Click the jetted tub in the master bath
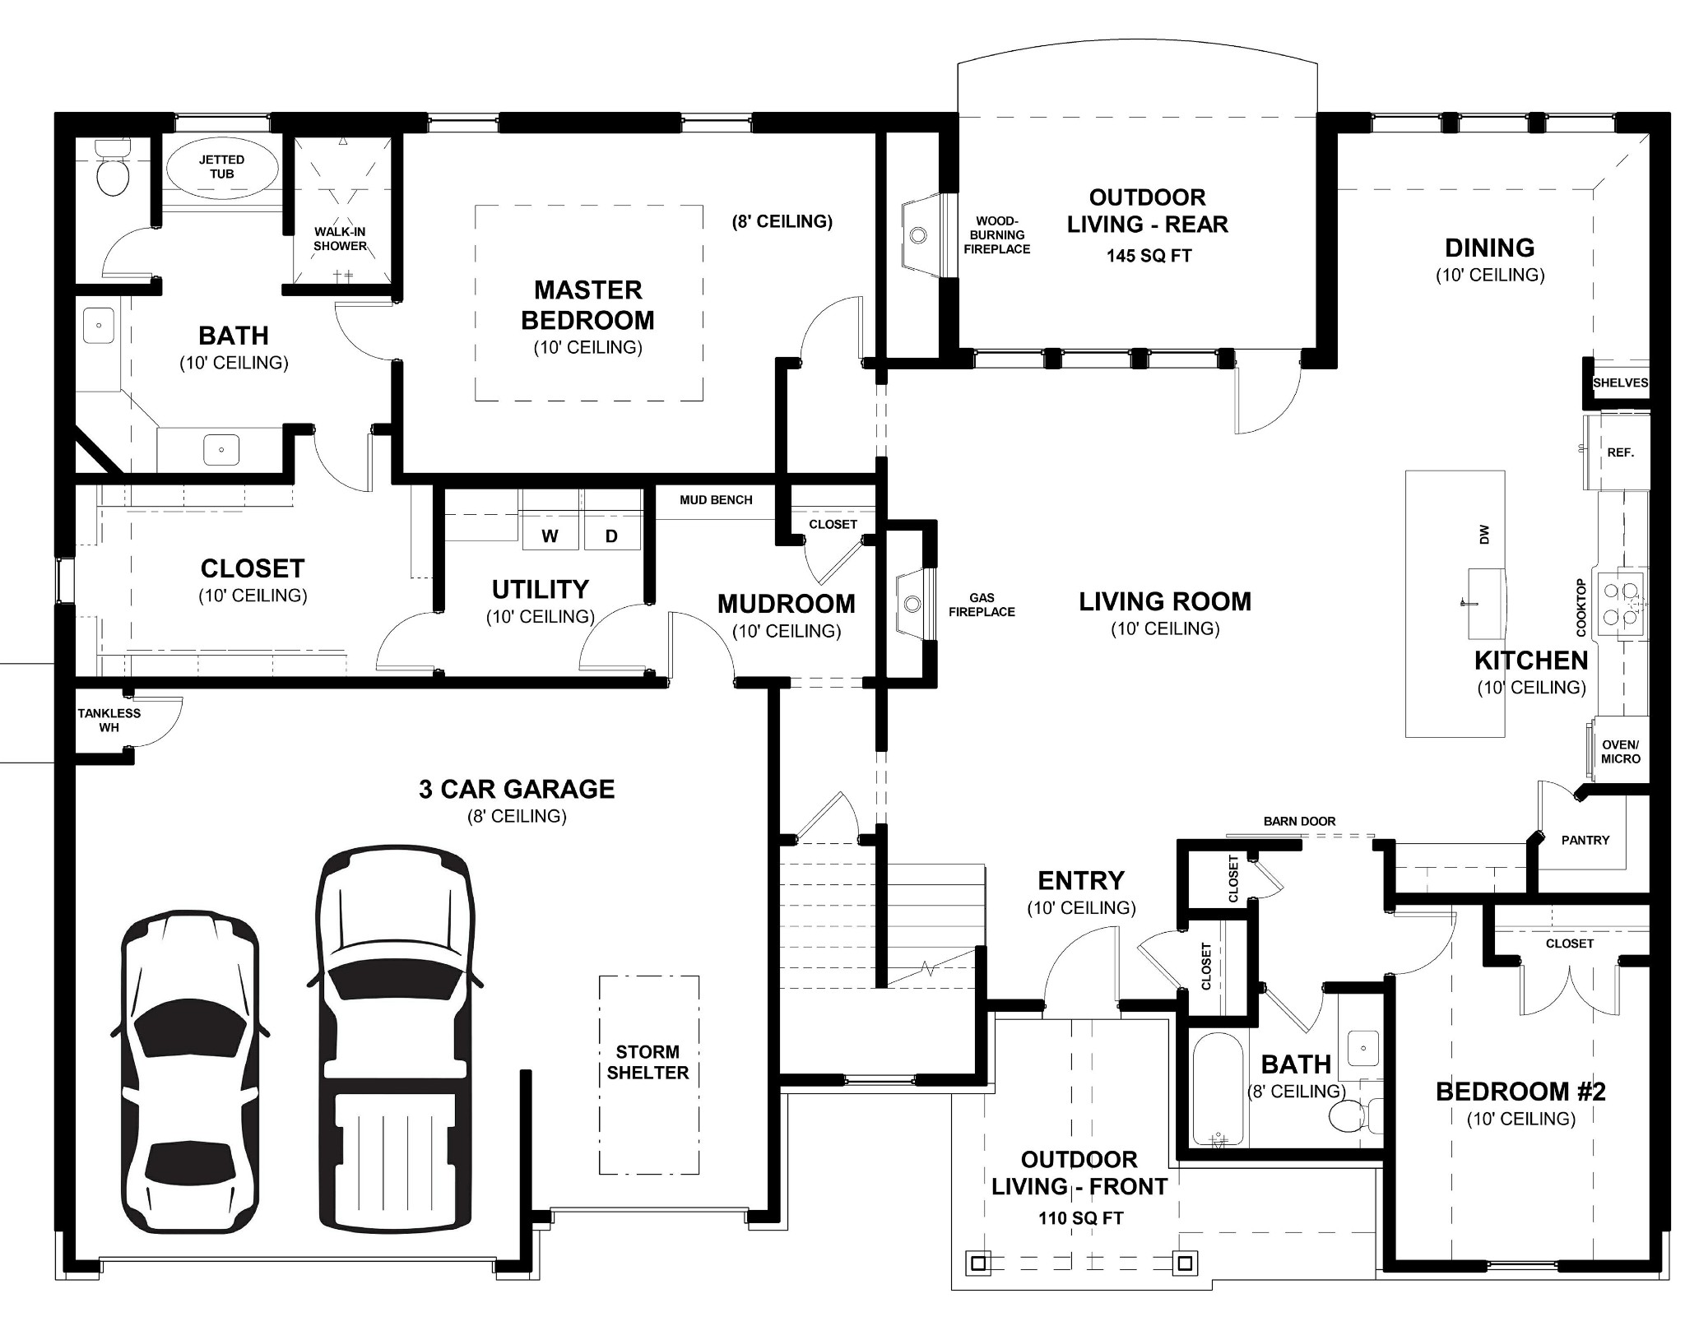point(221,167)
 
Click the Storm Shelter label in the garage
point(648,1062)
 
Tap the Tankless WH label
point(109,720)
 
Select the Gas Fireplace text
point(982,605)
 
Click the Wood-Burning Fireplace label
point(997,234)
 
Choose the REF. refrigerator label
point(1620,452)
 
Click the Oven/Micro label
point(1620,752)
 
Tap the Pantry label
point(1585,840)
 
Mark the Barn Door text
point(1299,821)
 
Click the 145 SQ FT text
point(1149,256)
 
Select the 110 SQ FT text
point(1080,1218)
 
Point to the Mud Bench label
point(716,499)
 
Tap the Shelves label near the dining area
point(1620,382)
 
